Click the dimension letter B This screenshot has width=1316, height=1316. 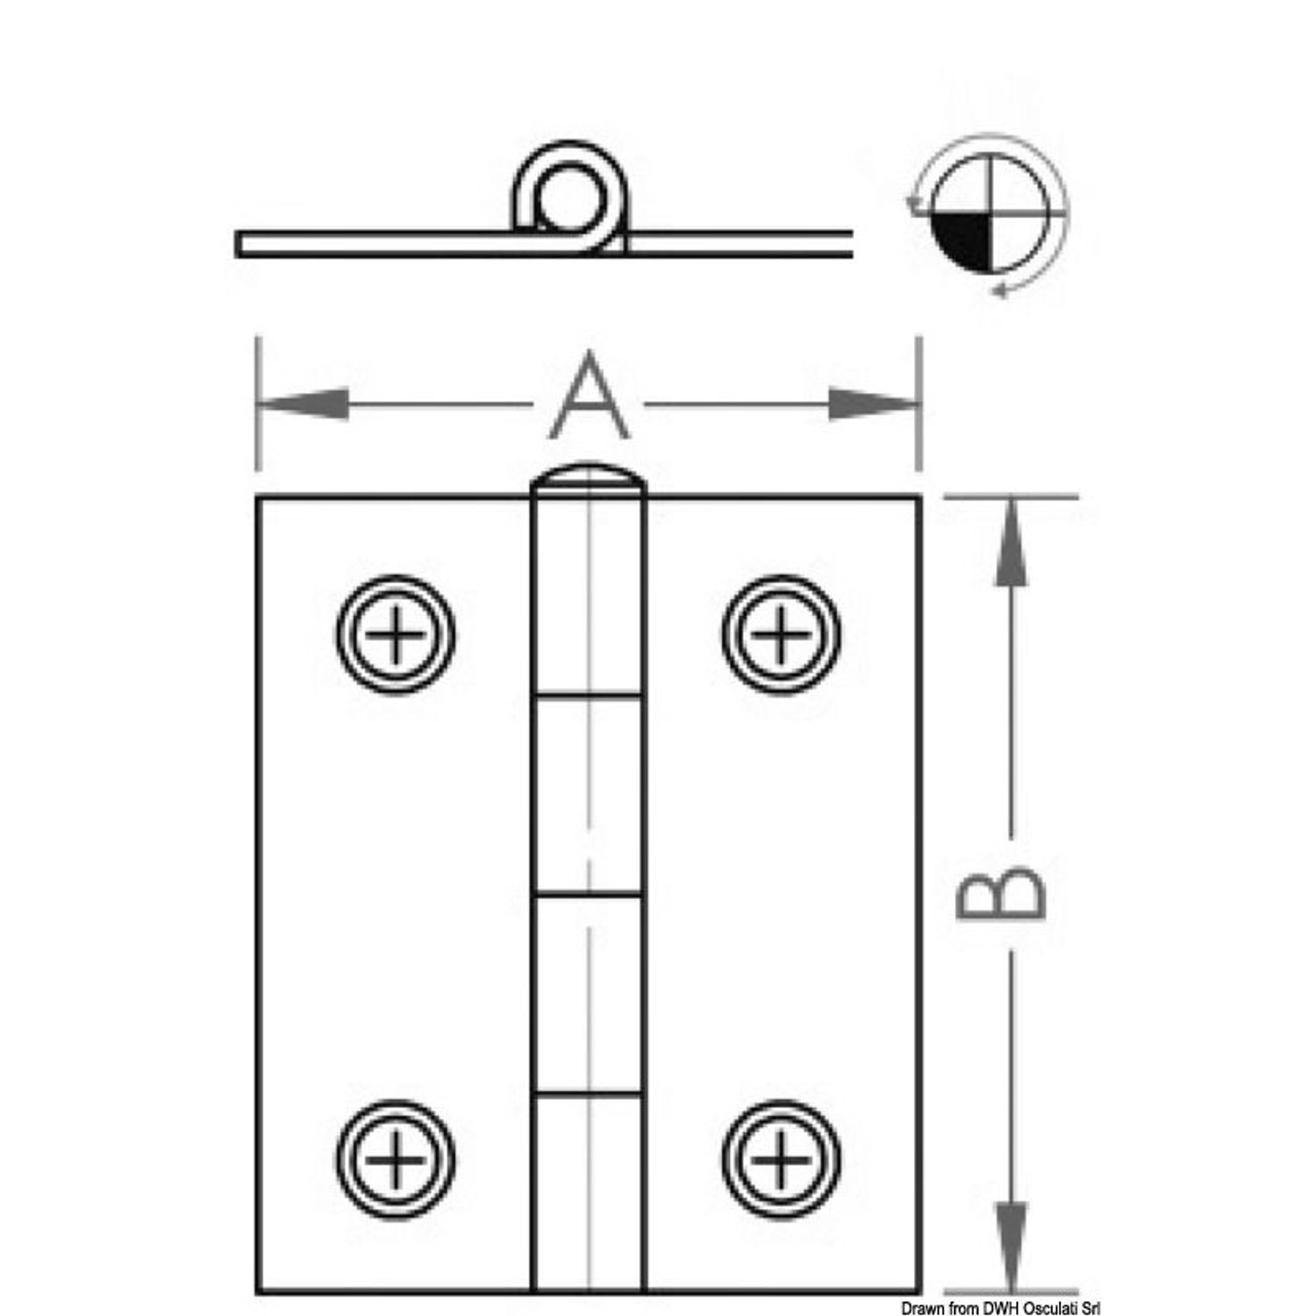coord(1000,894)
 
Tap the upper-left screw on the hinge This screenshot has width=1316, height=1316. coord(395,633)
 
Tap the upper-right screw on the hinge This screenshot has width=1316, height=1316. coord(781,633)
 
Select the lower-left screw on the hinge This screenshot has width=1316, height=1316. coord(395,1160)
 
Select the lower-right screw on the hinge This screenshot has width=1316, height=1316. coord(781,1160)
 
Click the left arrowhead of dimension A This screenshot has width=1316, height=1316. coord(303,404)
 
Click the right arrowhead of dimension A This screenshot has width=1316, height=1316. coord(874,404)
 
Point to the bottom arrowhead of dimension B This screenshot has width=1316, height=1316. coord(1011,1248)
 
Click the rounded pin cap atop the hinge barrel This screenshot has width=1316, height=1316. coord(589,479)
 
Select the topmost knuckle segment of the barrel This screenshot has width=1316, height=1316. coord(589,597)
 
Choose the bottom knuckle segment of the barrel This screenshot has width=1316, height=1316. coord(589,1193)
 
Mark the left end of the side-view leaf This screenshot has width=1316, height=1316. coord(238,244)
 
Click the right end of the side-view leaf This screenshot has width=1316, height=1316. coord(851,244)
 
